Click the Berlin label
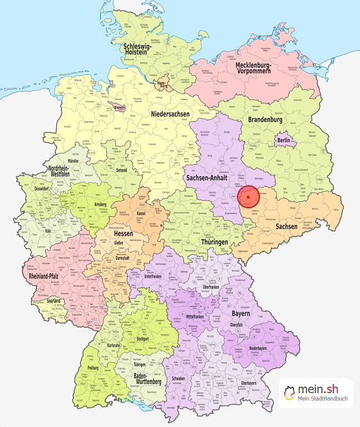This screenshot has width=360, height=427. (x=283, y=140)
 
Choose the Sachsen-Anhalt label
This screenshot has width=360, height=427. (x=208, y=177)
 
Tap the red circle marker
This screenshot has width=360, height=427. (x=248, y=197)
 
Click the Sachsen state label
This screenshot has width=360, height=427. (x=287, y=226)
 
